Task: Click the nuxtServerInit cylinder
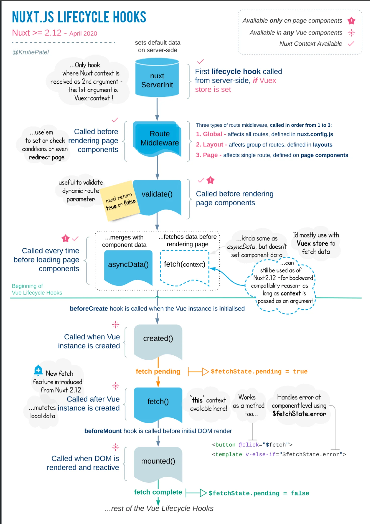[157, 78]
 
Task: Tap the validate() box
[157, 195]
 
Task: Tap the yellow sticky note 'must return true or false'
[120, 201]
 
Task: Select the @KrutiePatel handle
[30, 52]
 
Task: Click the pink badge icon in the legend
[351, 21]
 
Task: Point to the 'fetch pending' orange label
[158, 372]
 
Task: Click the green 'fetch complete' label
[158, 492]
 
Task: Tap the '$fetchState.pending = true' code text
[259, 372]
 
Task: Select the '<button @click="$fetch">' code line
[252, 445]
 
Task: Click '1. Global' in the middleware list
[209, 134]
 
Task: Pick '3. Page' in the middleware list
[207, 155]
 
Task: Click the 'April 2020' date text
[83, 34]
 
